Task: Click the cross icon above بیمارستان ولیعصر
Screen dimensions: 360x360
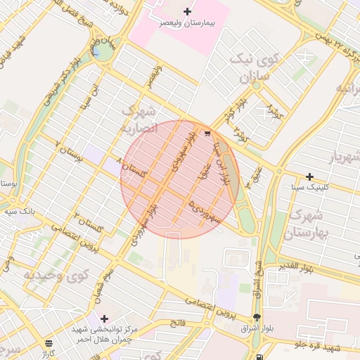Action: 187,11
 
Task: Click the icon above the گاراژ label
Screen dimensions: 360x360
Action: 48,343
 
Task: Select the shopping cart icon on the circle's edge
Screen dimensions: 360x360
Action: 207,133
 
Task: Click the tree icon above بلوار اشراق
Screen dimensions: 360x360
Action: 257,317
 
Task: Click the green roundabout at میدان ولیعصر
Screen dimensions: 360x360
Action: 103,51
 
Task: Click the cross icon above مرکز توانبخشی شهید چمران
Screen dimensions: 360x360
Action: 104,319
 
